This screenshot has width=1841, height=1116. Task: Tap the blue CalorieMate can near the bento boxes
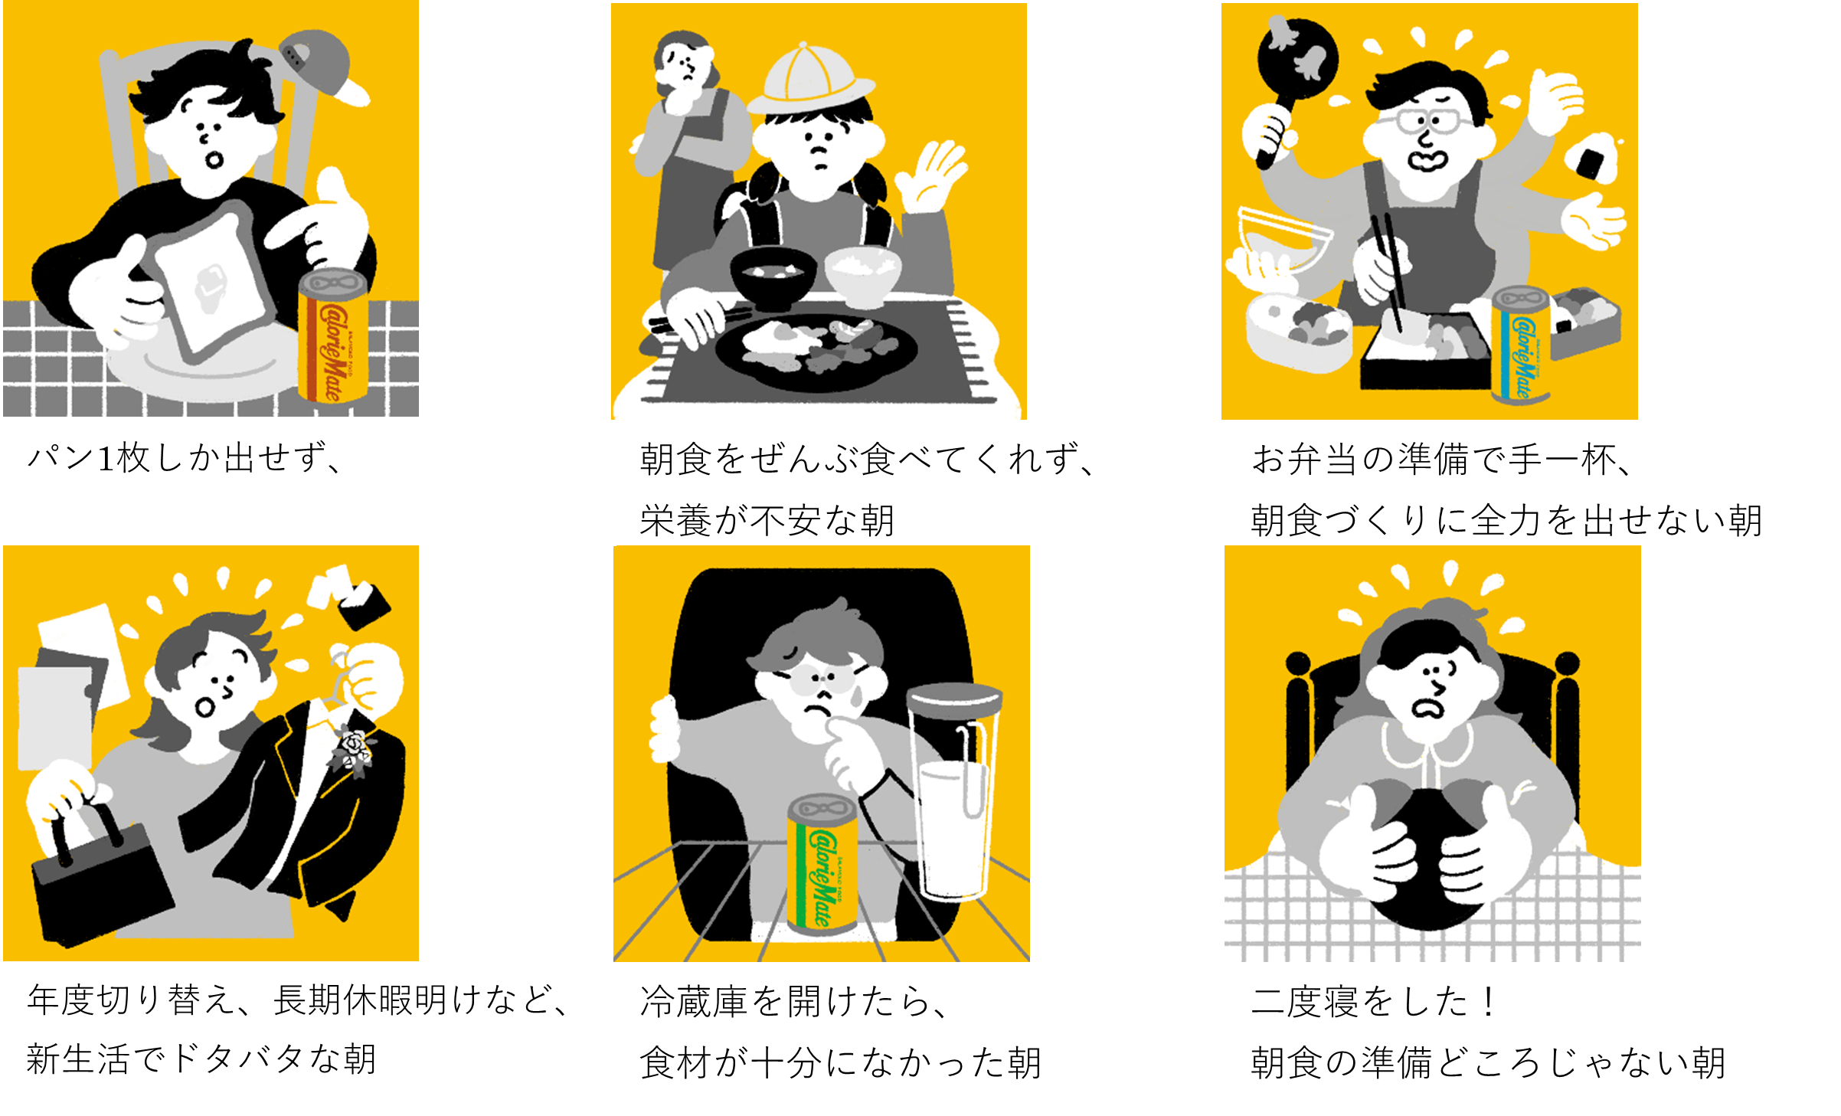tap(1521, 345)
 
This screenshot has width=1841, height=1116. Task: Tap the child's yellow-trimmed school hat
tap(810, 80)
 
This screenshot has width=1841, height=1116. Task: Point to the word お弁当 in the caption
tap(1306, 460)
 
